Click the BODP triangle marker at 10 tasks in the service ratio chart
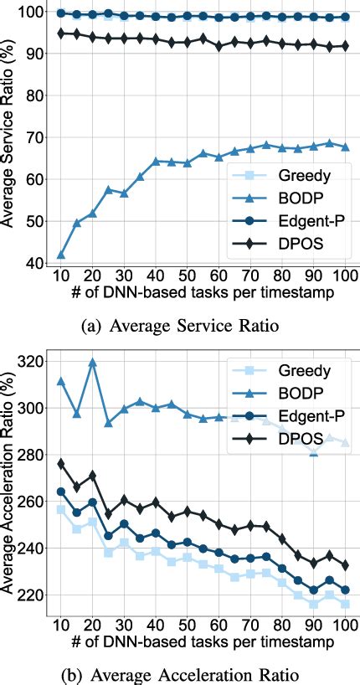coord(60,255)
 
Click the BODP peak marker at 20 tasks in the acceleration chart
coord(92,363)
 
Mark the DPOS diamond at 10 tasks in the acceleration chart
coord(60,463)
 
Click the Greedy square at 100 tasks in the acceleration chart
coord(345,603)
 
